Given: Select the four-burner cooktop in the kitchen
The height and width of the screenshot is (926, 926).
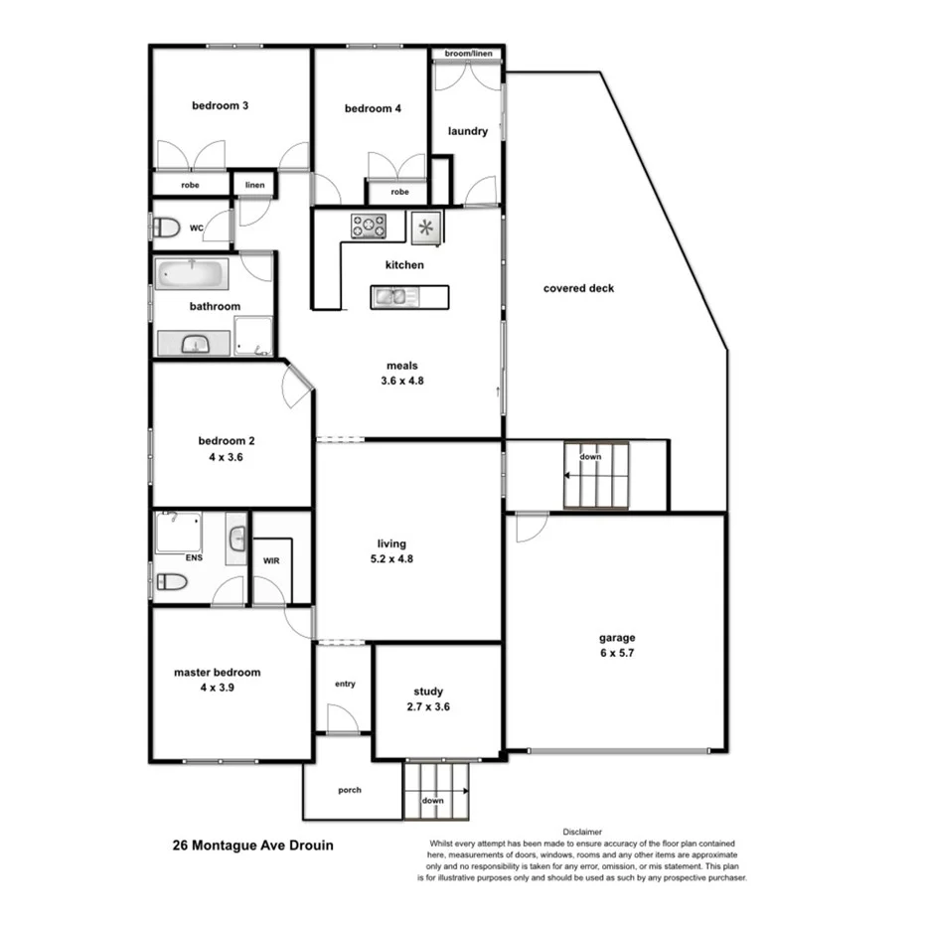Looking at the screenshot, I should coord(368,227).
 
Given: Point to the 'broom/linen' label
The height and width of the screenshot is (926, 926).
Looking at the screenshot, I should coord(466,54).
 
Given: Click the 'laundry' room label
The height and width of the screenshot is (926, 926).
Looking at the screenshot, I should coord(467,131).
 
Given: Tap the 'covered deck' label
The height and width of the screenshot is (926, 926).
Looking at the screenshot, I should coord(578,289).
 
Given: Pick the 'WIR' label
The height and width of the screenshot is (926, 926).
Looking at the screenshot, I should coord(270,561).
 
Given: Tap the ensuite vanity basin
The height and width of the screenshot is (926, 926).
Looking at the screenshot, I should coord(236,540).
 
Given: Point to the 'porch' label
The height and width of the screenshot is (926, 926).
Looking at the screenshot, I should coord(350,791).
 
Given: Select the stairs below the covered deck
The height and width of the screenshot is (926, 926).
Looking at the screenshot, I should coord(596,475).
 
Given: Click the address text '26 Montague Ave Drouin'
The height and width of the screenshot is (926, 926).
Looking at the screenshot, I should coord(252,847).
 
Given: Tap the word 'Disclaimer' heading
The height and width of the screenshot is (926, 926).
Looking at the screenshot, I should coord(583,831).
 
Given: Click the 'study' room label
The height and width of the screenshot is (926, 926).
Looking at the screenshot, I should coord(428,692).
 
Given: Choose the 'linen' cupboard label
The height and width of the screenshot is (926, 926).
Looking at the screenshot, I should coord(255,185).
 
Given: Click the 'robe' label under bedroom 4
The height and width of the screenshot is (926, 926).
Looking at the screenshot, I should coord(399,192).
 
